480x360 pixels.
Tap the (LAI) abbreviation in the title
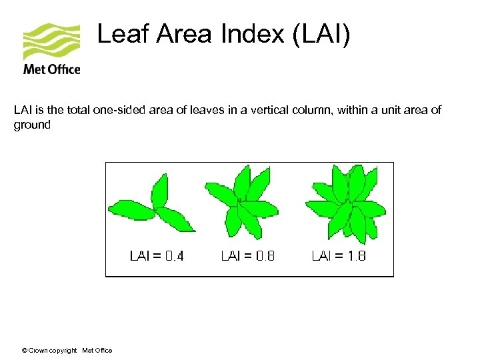click(x=321, y=34)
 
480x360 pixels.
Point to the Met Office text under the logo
click(x=51, y=69)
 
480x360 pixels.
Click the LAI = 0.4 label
click(x=156, y=255)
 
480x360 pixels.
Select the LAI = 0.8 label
click(x=247, y=255)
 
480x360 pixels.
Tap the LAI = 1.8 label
click(x=339, y=255)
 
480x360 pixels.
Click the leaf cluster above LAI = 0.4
click(x=153, y=206)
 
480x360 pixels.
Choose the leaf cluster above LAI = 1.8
click(x=345, y=203)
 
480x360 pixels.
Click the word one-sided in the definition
click(x=118, y=110)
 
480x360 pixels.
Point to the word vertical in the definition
click(x=267, y=110)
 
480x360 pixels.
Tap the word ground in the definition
click(x=32, y=125)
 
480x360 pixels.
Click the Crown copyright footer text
click(x=52, y=351)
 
